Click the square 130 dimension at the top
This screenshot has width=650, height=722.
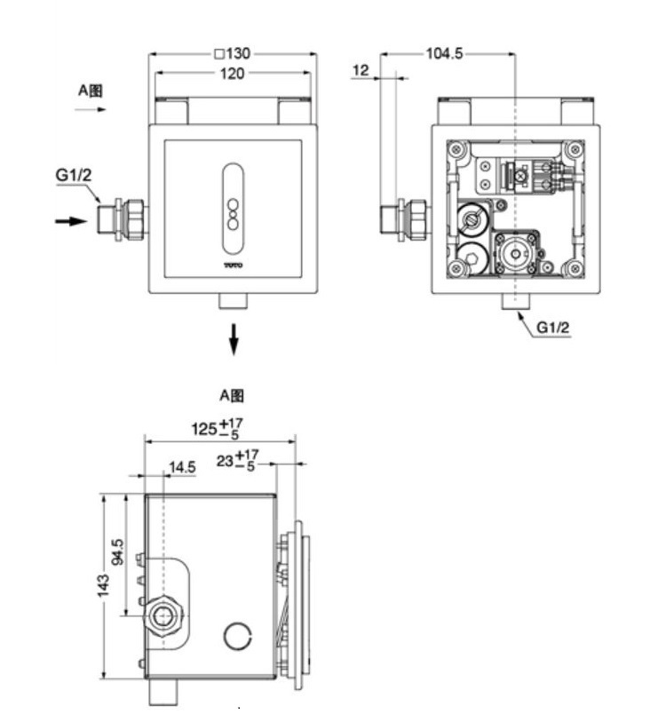233,53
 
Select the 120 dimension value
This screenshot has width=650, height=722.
232,74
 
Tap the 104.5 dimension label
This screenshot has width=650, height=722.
444,53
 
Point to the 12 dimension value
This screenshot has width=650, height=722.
360,69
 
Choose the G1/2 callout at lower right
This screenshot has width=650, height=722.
552,328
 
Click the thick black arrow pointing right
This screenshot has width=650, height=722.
72,220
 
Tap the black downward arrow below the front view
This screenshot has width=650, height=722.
234,338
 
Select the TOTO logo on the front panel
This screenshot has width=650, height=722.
233,264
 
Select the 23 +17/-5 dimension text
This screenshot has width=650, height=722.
235,461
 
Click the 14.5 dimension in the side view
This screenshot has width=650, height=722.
183,467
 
